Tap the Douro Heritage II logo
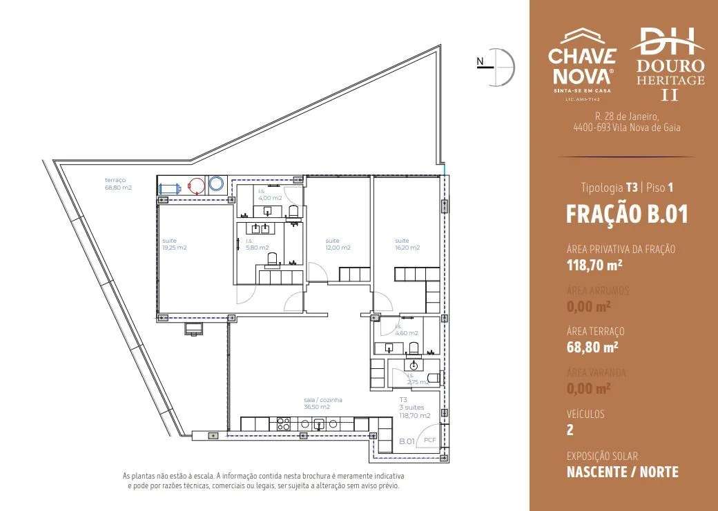[x=667, y=64]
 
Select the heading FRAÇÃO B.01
[x=626, y=214]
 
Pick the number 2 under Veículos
[x=570, y=430]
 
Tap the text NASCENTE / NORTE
[x=622, y=472]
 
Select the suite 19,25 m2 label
[x=175, y=244]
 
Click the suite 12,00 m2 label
[x=338, y=244]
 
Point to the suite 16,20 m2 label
[x=407, y=244]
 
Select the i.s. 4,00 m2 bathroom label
[x=269, y=194]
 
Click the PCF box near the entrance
[x=429, y=440]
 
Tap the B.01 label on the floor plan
[x=407, y=441]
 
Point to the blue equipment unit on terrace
[x=168, y=187]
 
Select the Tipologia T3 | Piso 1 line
[x=626, y=187]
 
